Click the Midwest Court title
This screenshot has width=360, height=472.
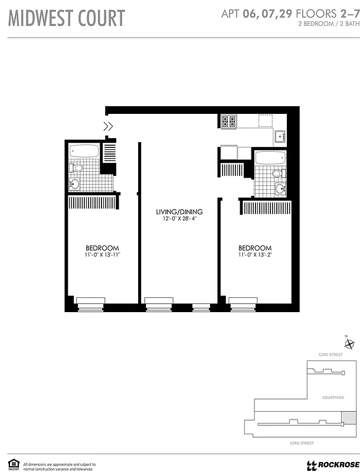coord(67,18)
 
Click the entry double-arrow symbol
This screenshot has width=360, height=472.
coord(108,125)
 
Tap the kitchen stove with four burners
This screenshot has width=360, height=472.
coord(228,122)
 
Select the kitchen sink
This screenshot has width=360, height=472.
coord(279,137)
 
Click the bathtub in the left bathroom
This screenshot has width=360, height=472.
coord(83,150)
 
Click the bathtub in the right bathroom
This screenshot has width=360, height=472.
coord(270,158)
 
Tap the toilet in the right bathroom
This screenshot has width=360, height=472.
coord(277,173)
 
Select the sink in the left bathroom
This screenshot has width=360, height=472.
coord(74,184)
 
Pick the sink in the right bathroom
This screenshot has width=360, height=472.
coord(279,189)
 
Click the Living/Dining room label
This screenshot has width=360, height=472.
coord(179,212)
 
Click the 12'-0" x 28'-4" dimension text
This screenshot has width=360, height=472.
coord(179,219)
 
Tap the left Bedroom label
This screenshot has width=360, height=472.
coord(103,248)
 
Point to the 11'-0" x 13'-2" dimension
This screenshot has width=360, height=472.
coord(255,255)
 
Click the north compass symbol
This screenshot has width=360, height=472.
coord(349,344)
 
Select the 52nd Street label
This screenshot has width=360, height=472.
coord(330,355)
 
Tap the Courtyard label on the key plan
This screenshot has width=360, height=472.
coord(333,398)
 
